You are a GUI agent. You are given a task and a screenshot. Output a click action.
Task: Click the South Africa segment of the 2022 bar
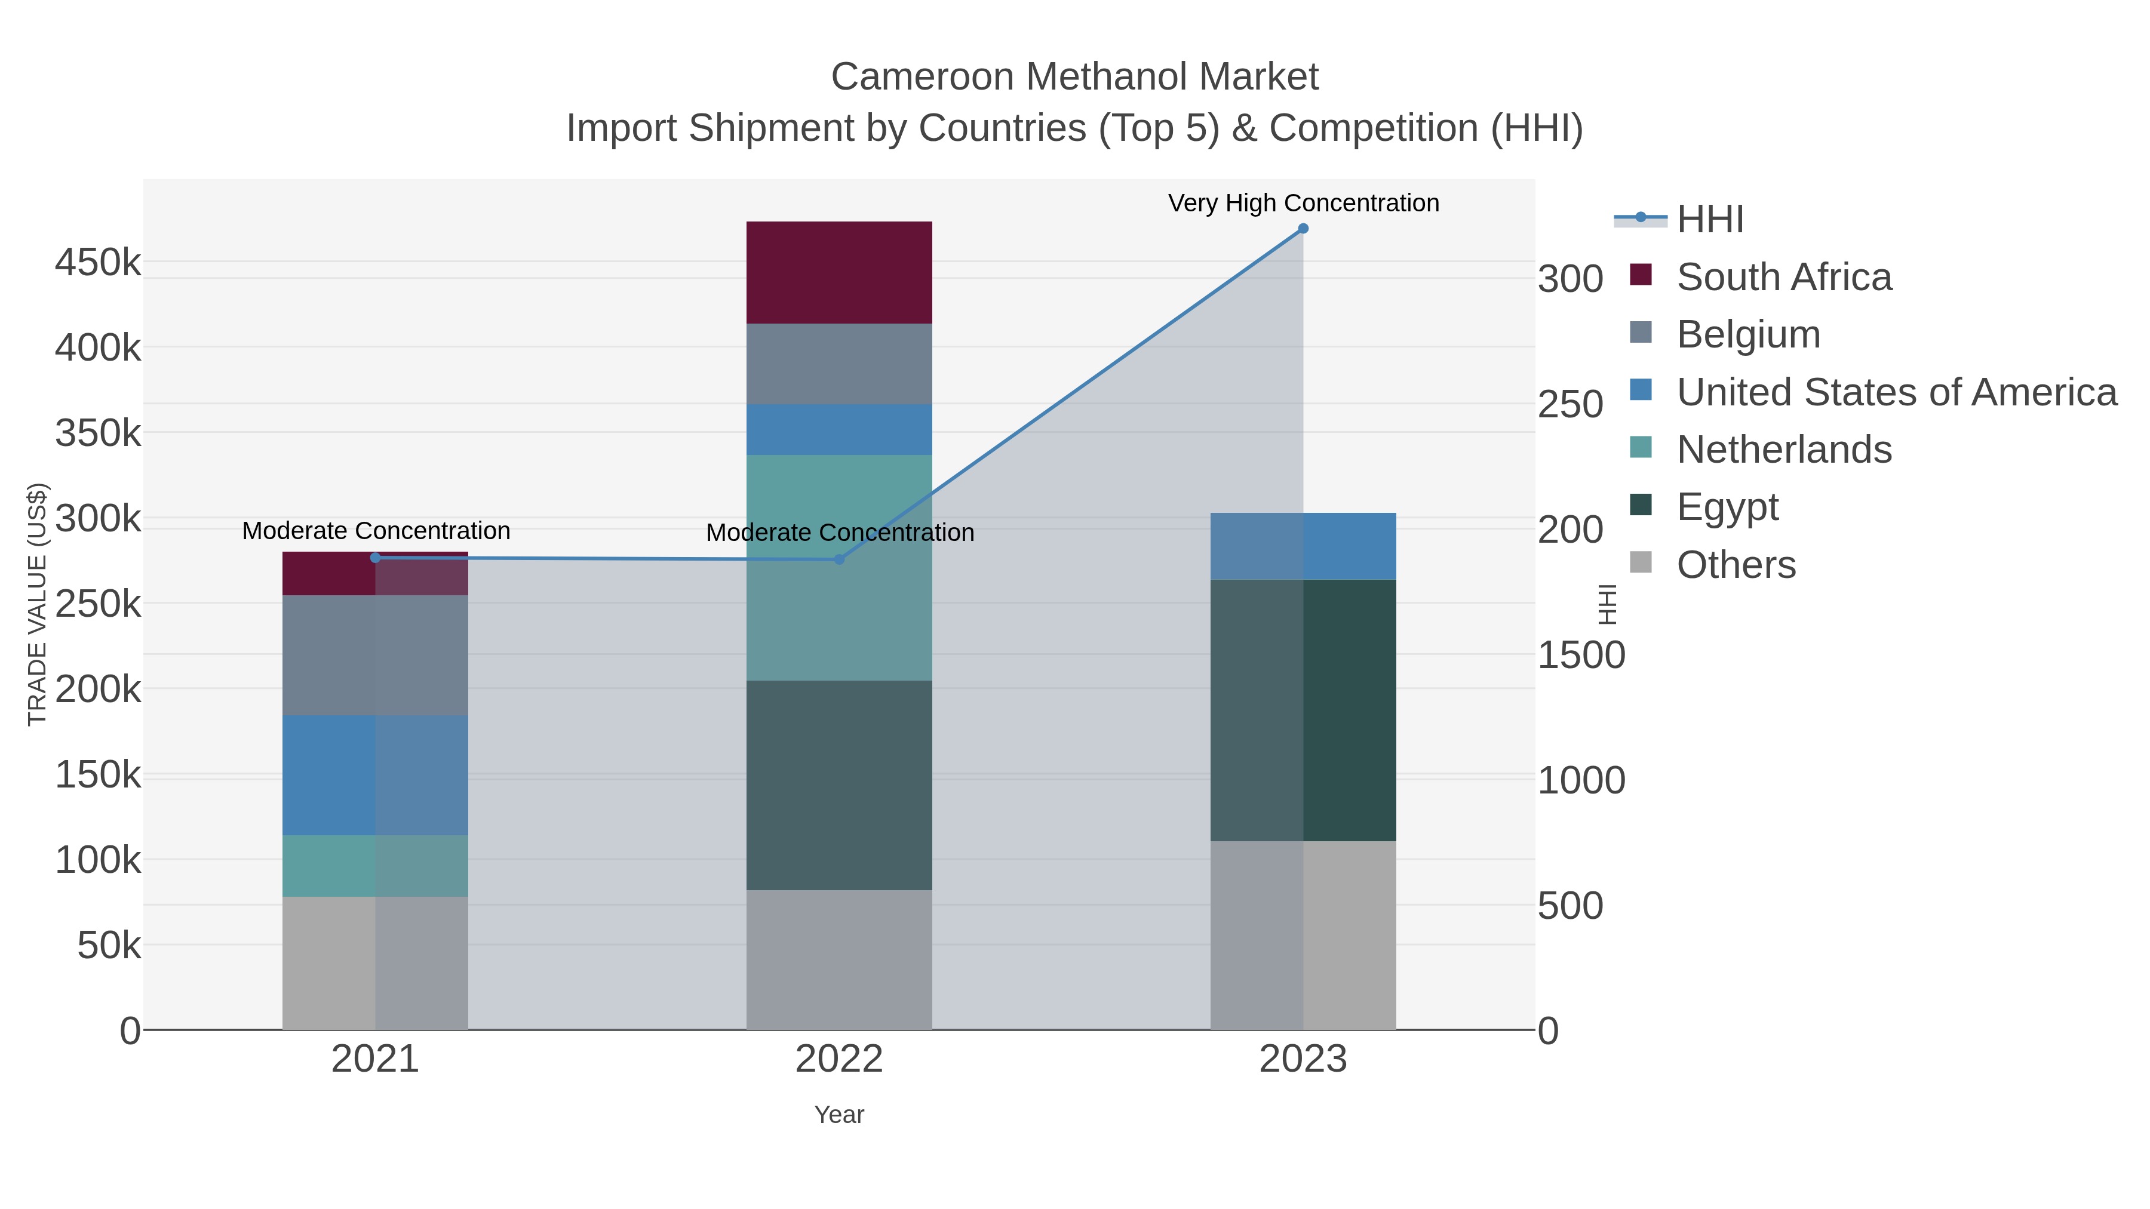pos(839,272)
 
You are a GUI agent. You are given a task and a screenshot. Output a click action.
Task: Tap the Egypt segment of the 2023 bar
pos(1303,709)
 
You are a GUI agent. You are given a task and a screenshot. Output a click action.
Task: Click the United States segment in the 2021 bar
pos(374,774)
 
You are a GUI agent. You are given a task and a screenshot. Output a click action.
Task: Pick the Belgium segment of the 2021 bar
pos(374,654)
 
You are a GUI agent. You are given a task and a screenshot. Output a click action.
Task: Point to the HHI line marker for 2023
pos(1303,229)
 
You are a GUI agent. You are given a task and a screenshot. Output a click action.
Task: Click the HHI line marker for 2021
pos(374,558)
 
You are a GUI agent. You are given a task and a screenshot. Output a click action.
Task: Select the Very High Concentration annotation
pos(1303,203)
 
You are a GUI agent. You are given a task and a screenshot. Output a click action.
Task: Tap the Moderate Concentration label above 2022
pos(840,533)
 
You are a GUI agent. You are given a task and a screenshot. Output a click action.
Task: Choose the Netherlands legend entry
pos(1783,450)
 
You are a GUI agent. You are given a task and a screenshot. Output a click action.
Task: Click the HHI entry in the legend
pos(1709,220)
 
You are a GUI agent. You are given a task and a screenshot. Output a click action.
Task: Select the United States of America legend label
pos(1896,392)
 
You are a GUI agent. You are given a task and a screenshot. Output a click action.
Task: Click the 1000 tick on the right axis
pos(1581,780)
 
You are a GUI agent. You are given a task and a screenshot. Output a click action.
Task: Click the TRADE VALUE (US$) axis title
pos(38,604)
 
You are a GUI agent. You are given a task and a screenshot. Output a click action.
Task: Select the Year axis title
pos(839,1115)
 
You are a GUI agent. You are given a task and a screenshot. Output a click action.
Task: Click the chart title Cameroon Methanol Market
pos(1074,77)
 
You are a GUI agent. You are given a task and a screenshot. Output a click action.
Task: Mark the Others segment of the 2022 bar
pos(839,959)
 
